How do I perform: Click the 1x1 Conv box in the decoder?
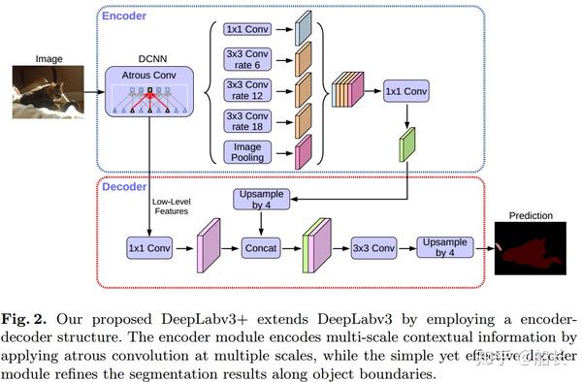148,247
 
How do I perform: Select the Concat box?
260,247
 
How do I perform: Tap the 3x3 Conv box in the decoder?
373,247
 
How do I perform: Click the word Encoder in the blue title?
126,16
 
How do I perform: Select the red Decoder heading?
126,186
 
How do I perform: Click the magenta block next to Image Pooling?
303,152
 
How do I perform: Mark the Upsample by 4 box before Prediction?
450,247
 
